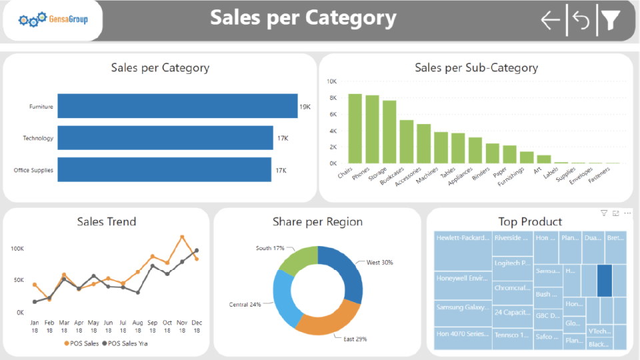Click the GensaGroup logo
pos(53,20)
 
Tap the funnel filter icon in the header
pos(611,21)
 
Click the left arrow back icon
pos(551,21)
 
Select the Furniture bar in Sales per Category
pos(177,107)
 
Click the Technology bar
pos(165,138)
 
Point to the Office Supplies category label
pos(33,171)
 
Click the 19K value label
pos(305,107)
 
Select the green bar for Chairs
pos(355,129)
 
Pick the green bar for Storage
pos(389,132)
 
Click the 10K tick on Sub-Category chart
pos(331,81)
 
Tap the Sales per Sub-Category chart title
pos(476,67)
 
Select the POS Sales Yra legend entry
pos(127,343)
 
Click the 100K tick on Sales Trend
pos(17,249)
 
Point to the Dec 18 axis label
pos(197,326)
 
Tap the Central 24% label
pos(245,305)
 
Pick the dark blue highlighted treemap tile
pos(605,280)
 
